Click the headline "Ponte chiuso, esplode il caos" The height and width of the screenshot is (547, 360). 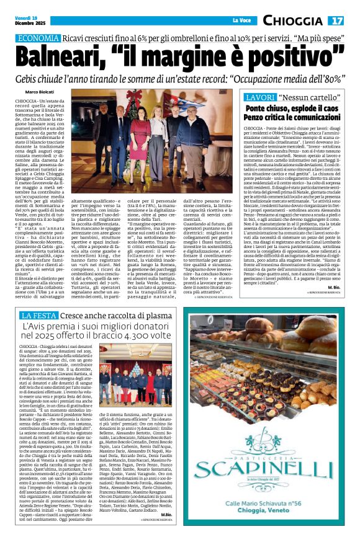click(x=294, y=109)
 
